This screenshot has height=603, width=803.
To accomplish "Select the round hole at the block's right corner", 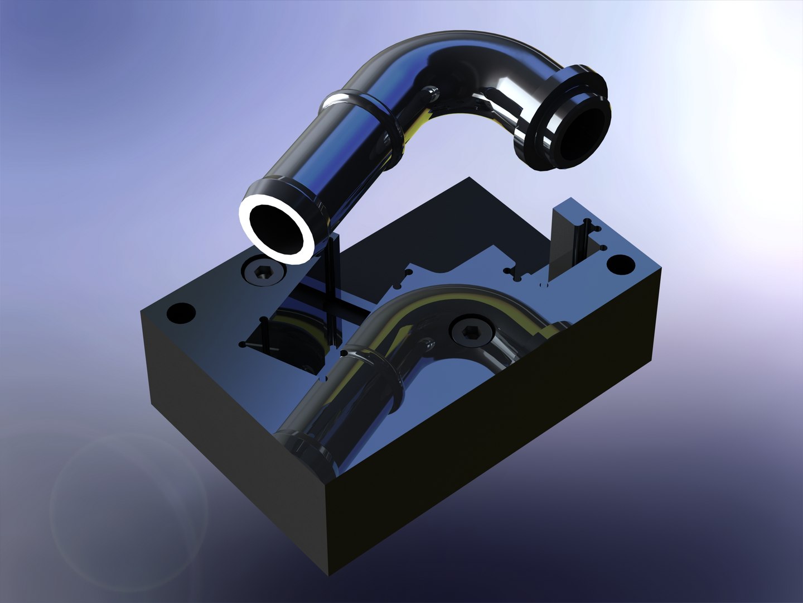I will pos(617,264).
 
